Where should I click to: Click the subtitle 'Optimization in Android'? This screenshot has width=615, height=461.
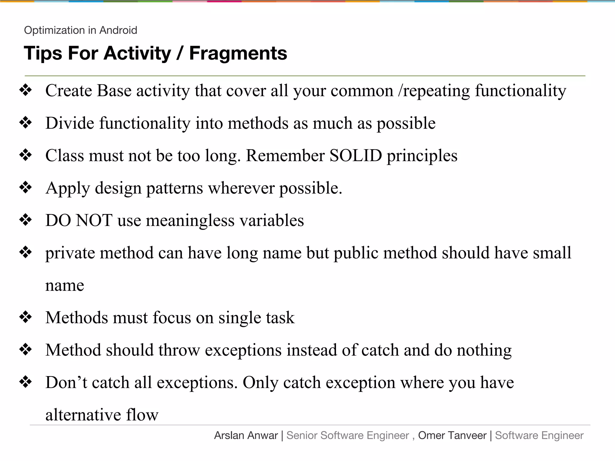pos(80,30)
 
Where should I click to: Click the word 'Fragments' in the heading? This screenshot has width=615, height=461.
pos(238,53)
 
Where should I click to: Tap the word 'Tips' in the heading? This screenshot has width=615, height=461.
pos(43,53)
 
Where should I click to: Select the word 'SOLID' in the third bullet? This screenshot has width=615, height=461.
pos(356,155)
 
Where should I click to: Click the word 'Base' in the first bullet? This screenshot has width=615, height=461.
pos(114,91)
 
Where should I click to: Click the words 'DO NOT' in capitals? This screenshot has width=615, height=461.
pos(79,220)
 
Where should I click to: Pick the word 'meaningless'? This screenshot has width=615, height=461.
pos(190,220)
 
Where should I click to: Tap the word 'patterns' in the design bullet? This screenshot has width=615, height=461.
pos(174,188)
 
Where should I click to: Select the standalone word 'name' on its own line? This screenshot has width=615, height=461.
pos(65,285)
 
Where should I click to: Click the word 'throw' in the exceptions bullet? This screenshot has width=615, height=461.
pos(179,350)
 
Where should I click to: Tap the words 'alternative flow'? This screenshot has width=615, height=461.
pos(102,415)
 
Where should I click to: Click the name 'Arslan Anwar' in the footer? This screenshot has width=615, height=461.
pos(246,435)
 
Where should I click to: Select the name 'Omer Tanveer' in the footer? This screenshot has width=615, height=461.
pos(452,435)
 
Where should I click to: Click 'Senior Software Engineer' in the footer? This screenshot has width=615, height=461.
pos(347,435)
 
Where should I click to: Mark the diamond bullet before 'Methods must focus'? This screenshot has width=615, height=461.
pos(26,317)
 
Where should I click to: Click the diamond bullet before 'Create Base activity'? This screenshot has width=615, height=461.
pos(26,90)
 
